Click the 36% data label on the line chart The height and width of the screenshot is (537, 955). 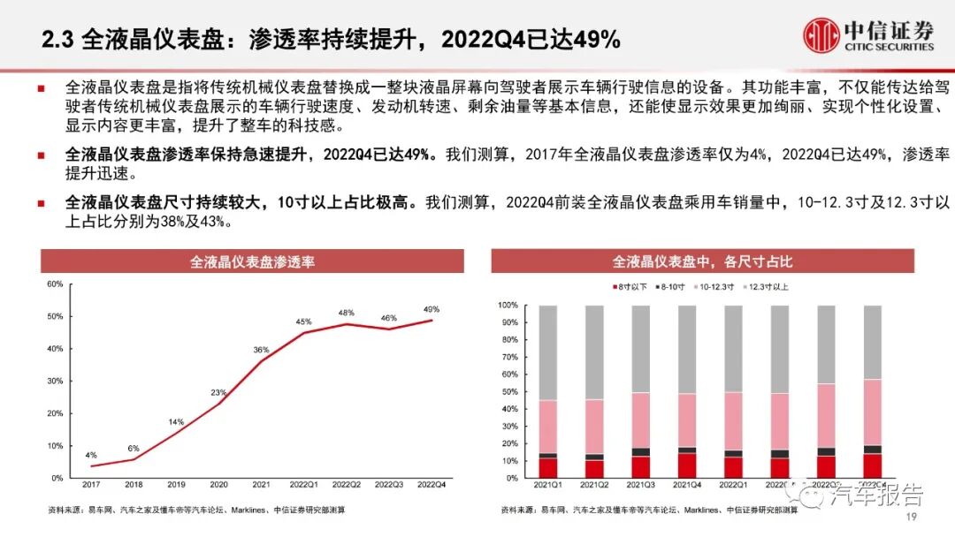point(262,350)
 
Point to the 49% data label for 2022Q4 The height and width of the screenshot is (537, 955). point(432,309)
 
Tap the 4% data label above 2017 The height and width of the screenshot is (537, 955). point(91,455)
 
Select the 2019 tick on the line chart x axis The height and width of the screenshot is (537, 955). point(176,485)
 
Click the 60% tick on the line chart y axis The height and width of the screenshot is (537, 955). point(53,284)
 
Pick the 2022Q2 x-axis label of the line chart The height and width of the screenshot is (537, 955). point(347,485)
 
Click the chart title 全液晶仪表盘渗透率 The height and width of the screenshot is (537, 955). point(253,262)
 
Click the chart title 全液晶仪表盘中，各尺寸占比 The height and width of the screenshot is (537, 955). point(703,262)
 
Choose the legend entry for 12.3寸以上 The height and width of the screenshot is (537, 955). point(766,287)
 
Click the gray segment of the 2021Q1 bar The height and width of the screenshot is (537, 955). point(548,352)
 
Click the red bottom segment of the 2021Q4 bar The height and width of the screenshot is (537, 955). point(687,465)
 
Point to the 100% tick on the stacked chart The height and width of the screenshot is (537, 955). point(508,305)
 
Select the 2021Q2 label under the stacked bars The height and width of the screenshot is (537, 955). point(594,485)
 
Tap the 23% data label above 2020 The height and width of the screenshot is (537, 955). point(218,392)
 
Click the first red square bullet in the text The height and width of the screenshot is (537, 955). point(41,87)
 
